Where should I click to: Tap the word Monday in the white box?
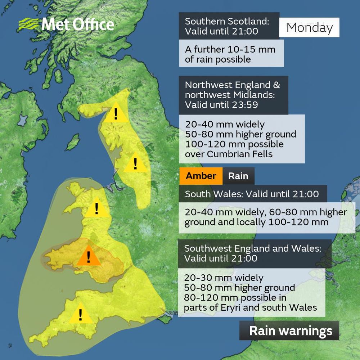pyautogui.click(x=310, y=27)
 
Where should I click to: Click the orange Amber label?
pyautogui.click(x=201, y=176)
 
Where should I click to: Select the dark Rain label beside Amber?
pyautogui.click(x=238, y=176)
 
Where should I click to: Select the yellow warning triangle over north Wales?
pyautogui.click(x=96, y=208)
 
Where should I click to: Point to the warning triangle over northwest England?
pyautogui.click(x=135, y=163)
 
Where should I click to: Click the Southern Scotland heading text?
pyautogui.click(x=227, y=21)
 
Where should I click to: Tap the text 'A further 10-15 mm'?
pyautogui.click(x=230, y=49)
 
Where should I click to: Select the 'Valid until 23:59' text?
pyautogui.click(x=221, y=105)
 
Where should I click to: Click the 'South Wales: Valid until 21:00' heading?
pyautogui.click(x=252, y=194)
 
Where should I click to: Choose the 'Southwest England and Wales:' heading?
pyautogui.click(x=252, y=248)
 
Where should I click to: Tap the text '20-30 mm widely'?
pyautogui.click(x=224, y=278)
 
